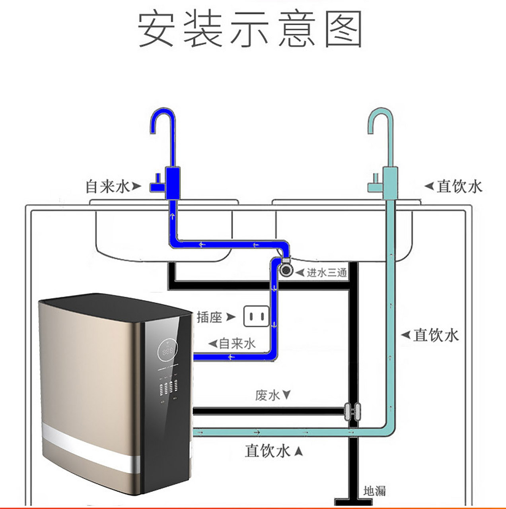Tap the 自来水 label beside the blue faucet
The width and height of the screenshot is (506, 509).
(108, 186)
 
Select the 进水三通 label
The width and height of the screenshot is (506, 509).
(327, 273)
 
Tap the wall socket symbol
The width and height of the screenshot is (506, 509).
(256, 317)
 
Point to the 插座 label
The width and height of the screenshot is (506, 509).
(209, 317)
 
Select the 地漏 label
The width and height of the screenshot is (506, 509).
(374, 491)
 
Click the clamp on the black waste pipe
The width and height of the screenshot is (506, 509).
(352, 412)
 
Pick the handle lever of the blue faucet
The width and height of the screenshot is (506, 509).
(157, 185)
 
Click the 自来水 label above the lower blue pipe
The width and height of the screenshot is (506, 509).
(237, 343)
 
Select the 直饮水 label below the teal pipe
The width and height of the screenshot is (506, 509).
(267, 451)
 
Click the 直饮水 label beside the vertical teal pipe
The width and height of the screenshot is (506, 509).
(436, 335)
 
